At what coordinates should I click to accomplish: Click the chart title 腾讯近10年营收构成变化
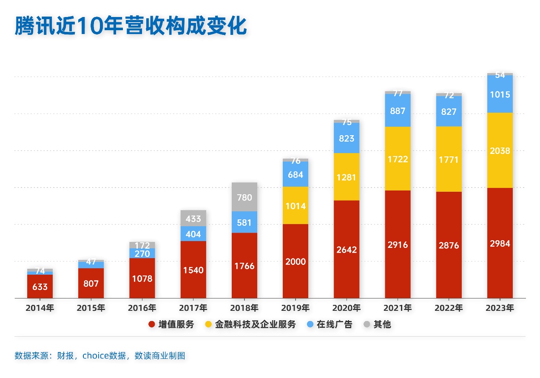pos(131,26)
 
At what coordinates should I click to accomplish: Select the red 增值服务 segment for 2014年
pos(40,287)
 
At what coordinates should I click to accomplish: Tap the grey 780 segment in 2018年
pos(244,197)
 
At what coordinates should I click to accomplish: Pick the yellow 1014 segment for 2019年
pos(296,205)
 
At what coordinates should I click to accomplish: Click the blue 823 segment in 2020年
pos(347,138)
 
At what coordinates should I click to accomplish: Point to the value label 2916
pos(398,244)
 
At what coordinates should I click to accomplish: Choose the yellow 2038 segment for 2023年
pos(500,150)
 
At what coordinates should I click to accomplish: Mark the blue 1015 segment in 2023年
pos(500,94)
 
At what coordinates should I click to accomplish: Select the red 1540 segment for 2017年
pos(193,270)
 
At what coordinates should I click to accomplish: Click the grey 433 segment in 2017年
pos(193,219)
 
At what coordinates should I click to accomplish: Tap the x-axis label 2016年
pos(142,308)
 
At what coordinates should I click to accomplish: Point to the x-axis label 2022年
pos(449,308)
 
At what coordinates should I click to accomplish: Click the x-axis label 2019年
pos(296,308)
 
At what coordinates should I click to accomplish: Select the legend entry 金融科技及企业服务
pos(256,324)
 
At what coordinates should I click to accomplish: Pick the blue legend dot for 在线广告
pos(310,324)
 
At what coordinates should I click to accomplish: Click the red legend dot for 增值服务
pos(151,324)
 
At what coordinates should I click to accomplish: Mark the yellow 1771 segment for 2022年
pos(449,159)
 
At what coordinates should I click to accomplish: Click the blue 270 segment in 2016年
pos(142,253)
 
